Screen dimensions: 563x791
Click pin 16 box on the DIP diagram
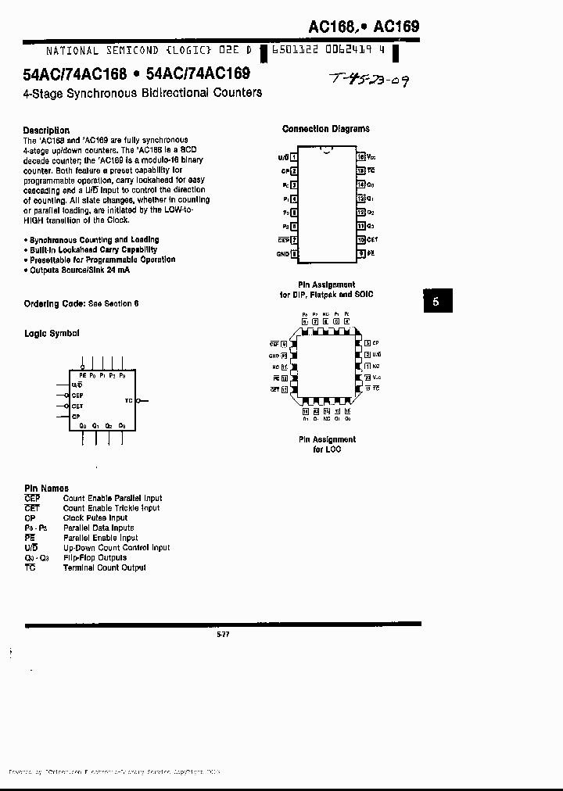[x=360, y=157]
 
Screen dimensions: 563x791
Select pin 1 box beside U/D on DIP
[x=294, y=157]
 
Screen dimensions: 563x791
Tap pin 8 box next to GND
[x=294, y=253]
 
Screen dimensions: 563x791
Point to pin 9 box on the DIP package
[x=360, y=253]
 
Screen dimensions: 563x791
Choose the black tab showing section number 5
[x=437, y=301]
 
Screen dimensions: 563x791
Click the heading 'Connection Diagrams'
[x=325, y=129]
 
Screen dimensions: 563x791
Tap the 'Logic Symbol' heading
[x=52, y=334]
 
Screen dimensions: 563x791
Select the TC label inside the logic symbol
[x=128, y=400]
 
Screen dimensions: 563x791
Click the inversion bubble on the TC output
[x=138, y=400]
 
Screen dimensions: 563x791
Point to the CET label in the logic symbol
[x=77, y=406]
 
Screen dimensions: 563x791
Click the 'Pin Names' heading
[x=46, y=489]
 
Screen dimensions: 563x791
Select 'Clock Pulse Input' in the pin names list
[x=95, y=517]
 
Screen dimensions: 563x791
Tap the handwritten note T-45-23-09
[x=369, y=79]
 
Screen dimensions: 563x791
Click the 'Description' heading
[x=46, y=131]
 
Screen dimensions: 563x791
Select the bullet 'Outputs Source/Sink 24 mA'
[x=79, y=270]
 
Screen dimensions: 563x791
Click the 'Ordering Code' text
[x=54, y=303]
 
